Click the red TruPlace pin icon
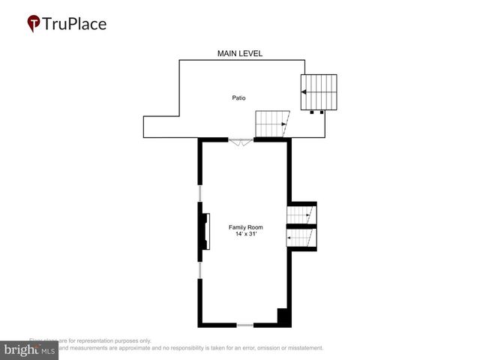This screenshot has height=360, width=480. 34,24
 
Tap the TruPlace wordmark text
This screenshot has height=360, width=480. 75,24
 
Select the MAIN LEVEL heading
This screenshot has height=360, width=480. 239,54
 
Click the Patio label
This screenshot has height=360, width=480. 238,98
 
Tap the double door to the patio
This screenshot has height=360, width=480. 241,140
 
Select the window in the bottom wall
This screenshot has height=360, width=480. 245,325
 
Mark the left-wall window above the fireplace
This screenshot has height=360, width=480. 199,194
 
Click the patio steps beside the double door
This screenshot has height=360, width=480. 271,124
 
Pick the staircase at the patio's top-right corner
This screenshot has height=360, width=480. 319,91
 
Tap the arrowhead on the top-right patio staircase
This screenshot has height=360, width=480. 304,91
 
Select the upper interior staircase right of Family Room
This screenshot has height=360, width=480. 302,215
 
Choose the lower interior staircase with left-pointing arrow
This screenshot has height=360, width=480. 302,238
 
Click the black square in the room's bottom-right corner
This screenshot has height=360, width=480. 283,316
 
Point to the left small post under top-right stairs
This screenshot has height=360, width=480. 312,112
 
